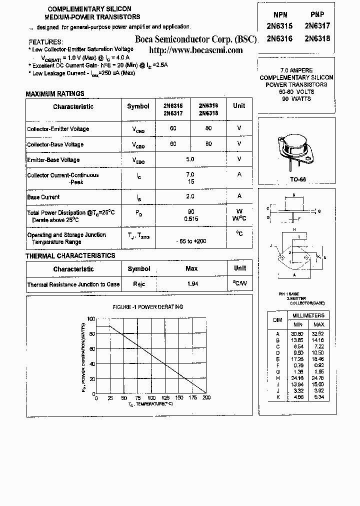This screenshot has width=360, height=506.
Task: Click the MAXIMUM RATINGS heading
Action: tap(55, 93)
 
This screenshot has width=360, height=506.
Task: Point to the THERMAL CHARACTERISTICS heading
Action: tap(70, 255)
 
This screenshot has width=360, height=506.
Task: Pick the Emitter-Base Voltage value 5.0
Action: tap(190, 159)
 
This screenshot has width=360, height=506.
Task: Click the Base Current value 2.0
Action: tap(190, 196)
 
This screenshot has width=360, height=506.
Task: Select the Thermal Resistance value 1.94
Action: tap(191, 284)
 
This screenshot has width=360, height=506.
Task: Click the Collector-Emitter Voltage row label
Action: tap(58, 128)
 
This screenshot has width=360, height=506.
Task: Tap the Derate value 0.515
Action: tap(190, 218)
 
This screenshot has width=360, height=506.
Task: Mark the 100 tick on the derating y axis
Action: tap(90, 318)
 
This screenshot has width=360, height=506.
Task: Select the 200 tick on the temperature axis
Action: tap(206, 398)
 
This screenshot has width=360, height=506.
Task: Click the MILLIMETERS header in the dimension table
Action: tap(308, 315)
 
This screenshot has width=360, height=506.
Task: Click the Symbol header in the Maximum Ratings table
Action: tap(138, 106)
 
